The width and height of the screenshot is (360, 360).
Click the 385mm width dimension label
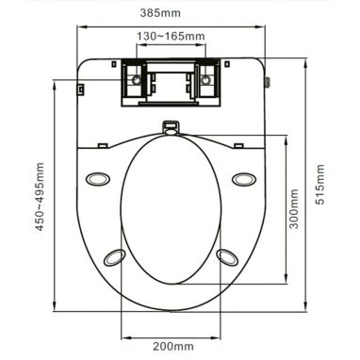[x=160, y=13]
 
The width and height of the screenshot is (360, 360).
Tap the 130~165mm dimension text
[x=171, y=37]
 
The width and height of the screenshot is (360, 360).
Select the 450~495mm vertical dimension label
[x=40, y=197]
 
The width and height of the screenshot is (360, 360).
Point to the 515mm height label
[x=319, y=185]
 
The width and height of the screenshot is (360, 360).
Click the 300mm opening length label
[x=293, y=209]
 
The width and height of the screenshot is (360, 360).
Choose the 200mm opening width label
[x=173, y=347]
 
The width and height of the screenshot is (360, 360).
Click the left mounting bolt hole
[x=137, y=80]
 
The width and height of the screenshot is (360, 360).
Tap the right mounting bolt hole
[x=205, y=80]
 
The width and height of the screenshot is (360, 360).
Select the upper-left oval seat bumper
[x=98, y=179]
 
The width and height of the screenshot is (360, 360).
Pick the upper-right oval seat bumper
[x=244, y=179]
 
